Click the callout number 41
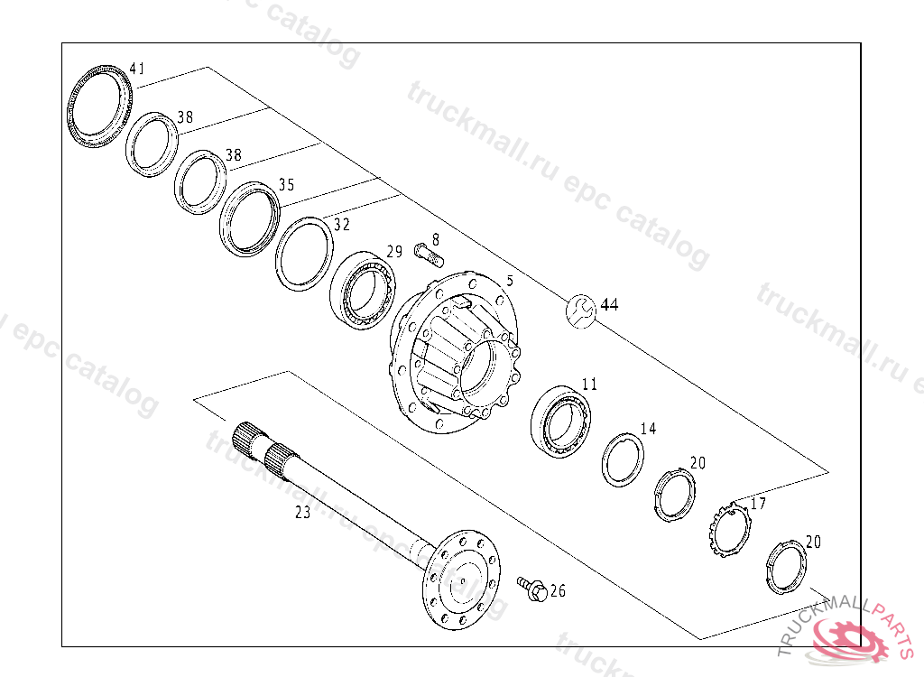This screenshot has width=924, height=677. point(137,69)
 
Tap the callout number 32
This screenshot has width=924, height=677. point(342,225)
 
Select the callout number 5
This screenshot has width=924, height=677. point(510,281)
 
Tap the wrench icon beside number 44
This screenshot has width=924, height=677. point(581,310)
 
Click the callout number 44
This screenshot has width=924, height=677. point(610,305)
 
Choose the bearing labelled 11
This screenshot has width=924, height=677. point(561,421)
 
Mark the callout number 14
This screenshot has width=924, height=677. point(649,429)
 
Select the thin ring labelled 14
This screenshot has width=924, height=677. point(623,459)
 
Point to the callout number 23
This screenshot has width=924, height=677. point(302,513)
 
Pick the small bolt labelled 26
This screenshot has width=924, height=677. point(531,589)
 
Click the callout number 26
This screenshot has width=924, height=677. point(558,591)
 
